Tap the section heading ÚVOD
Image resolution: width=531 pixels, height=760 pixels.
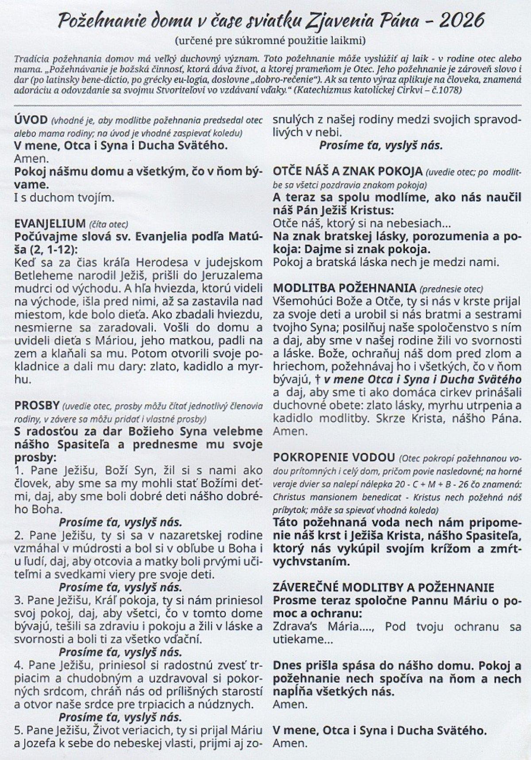click(31, 121)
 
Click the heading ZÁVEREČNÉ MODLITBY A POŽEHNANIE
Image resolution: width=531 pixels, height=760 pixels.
click(384, 588)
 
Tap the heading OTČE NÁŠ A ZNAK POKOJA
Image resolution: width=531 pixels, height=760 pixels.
click(348, 172)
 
